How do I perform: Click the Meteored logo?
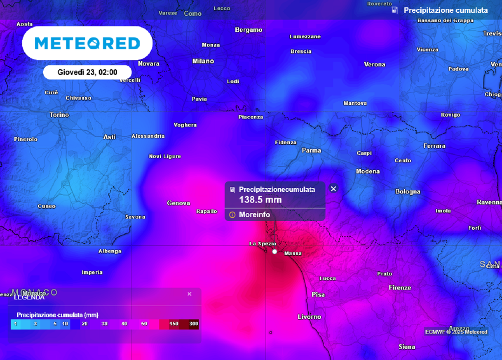(87, 43)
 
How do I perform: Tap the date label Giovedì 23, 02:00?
(87, 72)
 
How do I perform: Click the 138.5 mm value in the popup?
(260, 200)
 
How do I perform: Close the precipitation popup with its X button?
(333, 188)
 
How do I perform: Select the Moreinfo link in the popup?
(254, 215)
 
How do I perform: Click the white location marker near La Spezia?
(275, 252)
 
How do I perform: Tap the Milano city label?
(203, 61)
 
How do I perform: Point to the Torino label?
(59, 115)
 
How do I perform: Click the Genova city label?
(178, 203)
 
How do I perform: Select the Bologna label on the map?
(407, 192)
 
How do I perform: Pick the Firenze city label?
(400, 287)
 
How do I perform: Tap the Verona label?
(375, 64)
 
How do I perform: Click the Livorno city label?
(309, 317)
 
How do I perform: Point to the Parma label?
(311, 151)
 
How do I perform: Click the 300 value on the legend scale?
(194, 324)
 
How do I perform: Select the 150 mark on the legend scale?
(174, 324)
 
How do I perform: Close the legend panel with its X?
(190, 294)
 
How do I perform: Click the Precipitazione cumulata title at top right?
(445, 10)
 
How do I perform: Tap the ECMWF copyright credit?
(456, 332)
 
